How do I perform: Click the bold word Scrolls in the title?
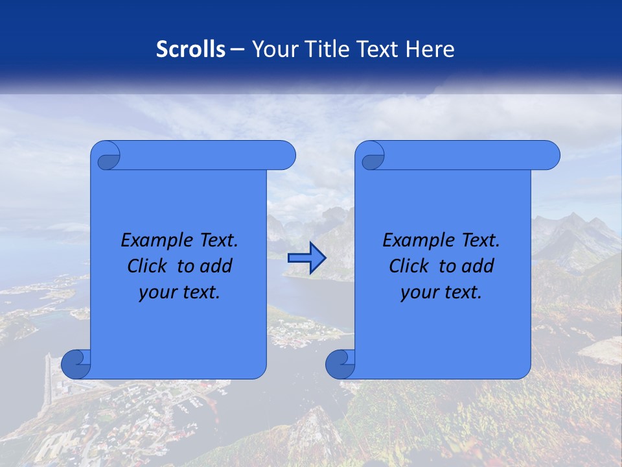coord(190,49)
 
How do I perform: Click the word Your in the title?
coord(273,49)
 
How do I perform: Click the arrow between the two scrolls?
coord(306,258)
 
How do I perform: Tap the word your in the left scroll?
coord(156,293)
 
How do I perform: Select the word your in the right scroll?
coord(418,293)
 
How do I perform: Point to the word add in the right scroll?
coord(478,266)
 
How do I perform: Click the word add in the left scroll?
coord(216,266)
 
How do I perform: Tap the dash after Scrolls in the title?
coord(237,49)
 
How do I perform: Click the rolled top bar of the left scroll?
coord(201,155)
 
